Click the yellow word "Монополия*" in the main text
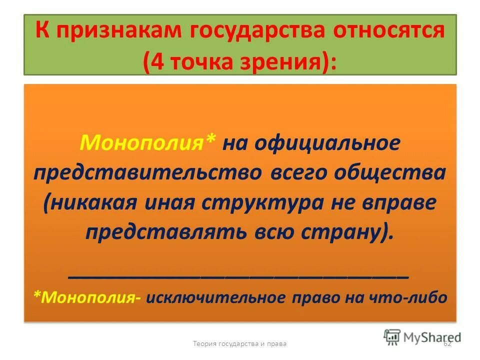[x=148, y=144]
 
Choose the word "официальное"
[x=327, y=144]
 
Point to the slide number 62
[x=447, y=343]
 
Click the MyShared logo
[x=422, y=336]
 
